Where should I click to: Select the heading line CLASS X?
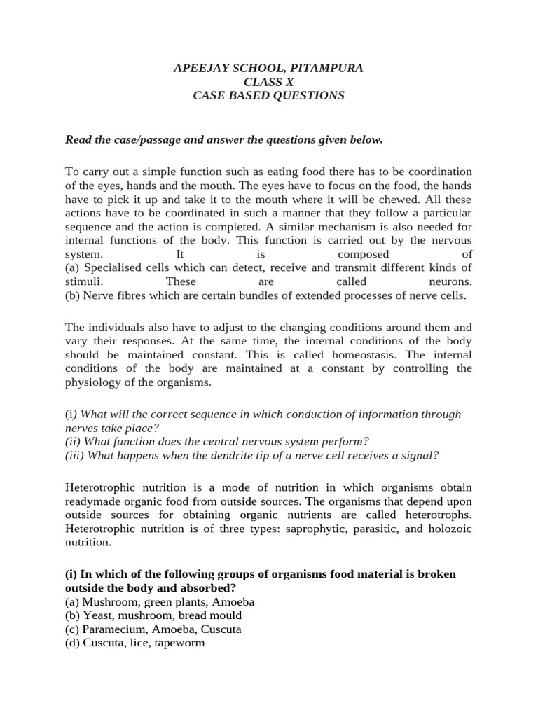[x=268, y=82]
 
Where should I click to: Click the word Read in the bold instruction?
[x=79, y=139]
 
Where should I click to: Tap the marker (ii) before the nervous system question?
[x=74, y=441]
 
